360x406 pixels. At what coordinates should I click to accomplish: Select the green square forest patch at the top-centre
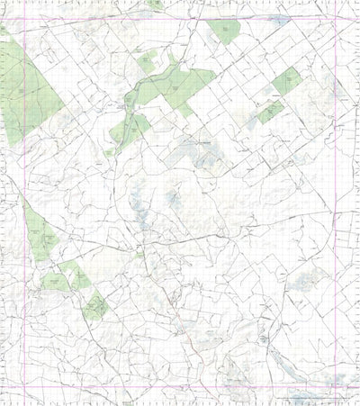[x=225, y=32]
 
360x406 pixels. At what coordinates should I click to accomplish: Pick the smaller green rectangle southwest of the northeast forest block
[x=270, y=113]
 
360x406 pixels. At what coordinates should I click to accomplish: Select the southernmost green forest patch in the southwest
[x=94, y=309]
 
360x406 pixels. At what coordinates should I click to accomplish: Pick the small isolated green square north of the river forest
[x=146, y=64]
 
